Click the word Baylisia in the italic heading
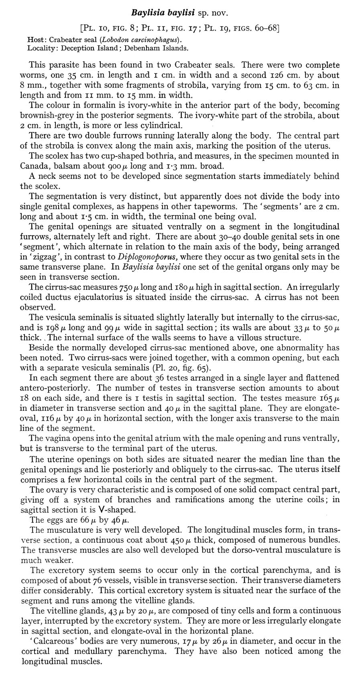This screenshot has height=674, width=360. (146, 13)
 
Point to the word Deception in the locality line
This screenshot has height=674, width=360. (77, 48)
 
